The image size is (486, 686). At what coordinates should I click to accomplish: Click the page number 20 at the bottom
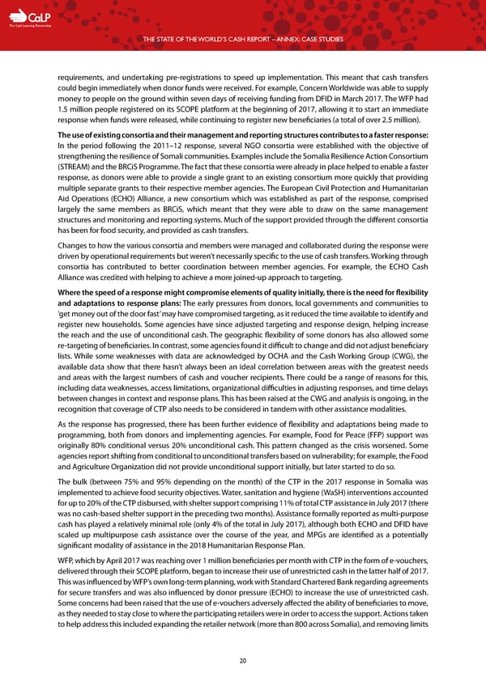(x=242, y=659)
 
